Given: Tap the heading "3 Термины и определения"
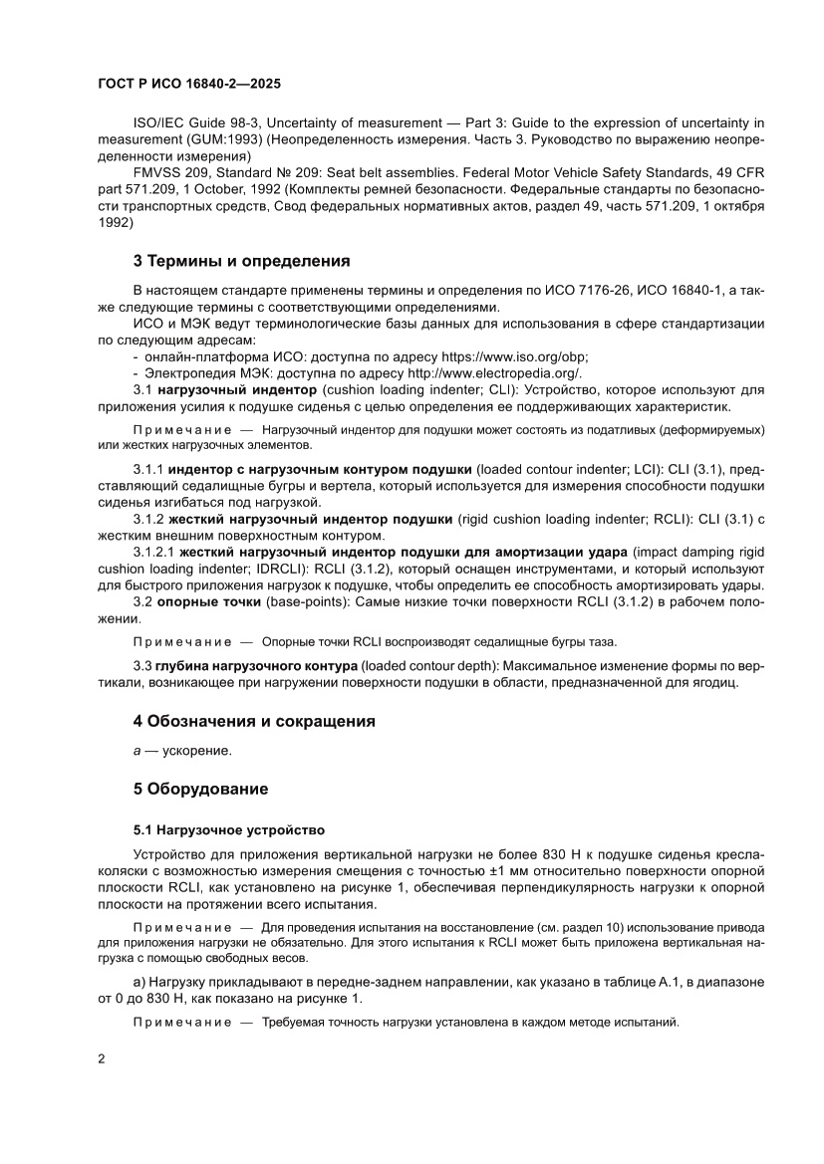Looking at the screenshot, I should pyautogui.click(x=241, y=262).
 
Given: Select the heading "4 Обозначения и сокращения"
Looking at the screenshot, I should pyautogui.click(x=254, y=720).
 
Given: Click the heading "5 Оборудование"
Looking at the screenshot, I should pyautogui.click(x=200, y=790).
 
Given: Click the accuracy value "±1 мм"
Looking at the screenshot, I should pyautogui.click(x=541, y=871).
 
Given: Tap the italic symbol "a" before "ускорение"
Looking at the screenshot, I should pyautogui.click(x=137, y=751).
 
